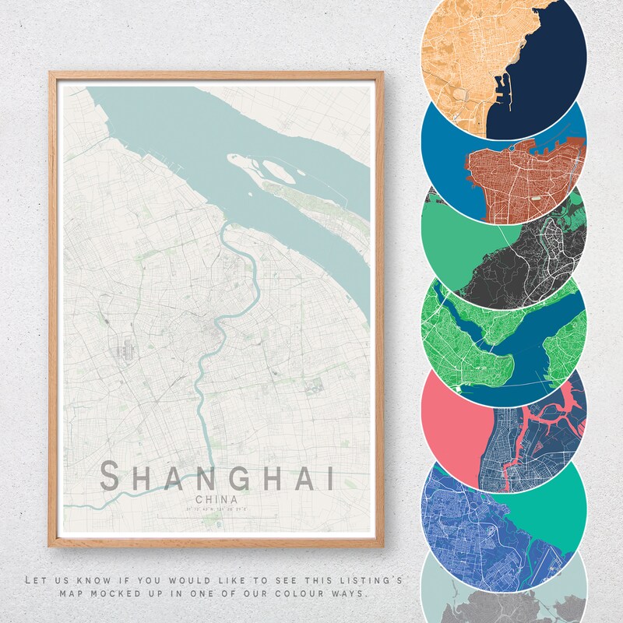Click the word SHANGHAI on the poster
point(217,476)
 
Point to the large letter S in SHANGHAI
point(111,476)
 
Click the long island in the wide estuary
point(311,195)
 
